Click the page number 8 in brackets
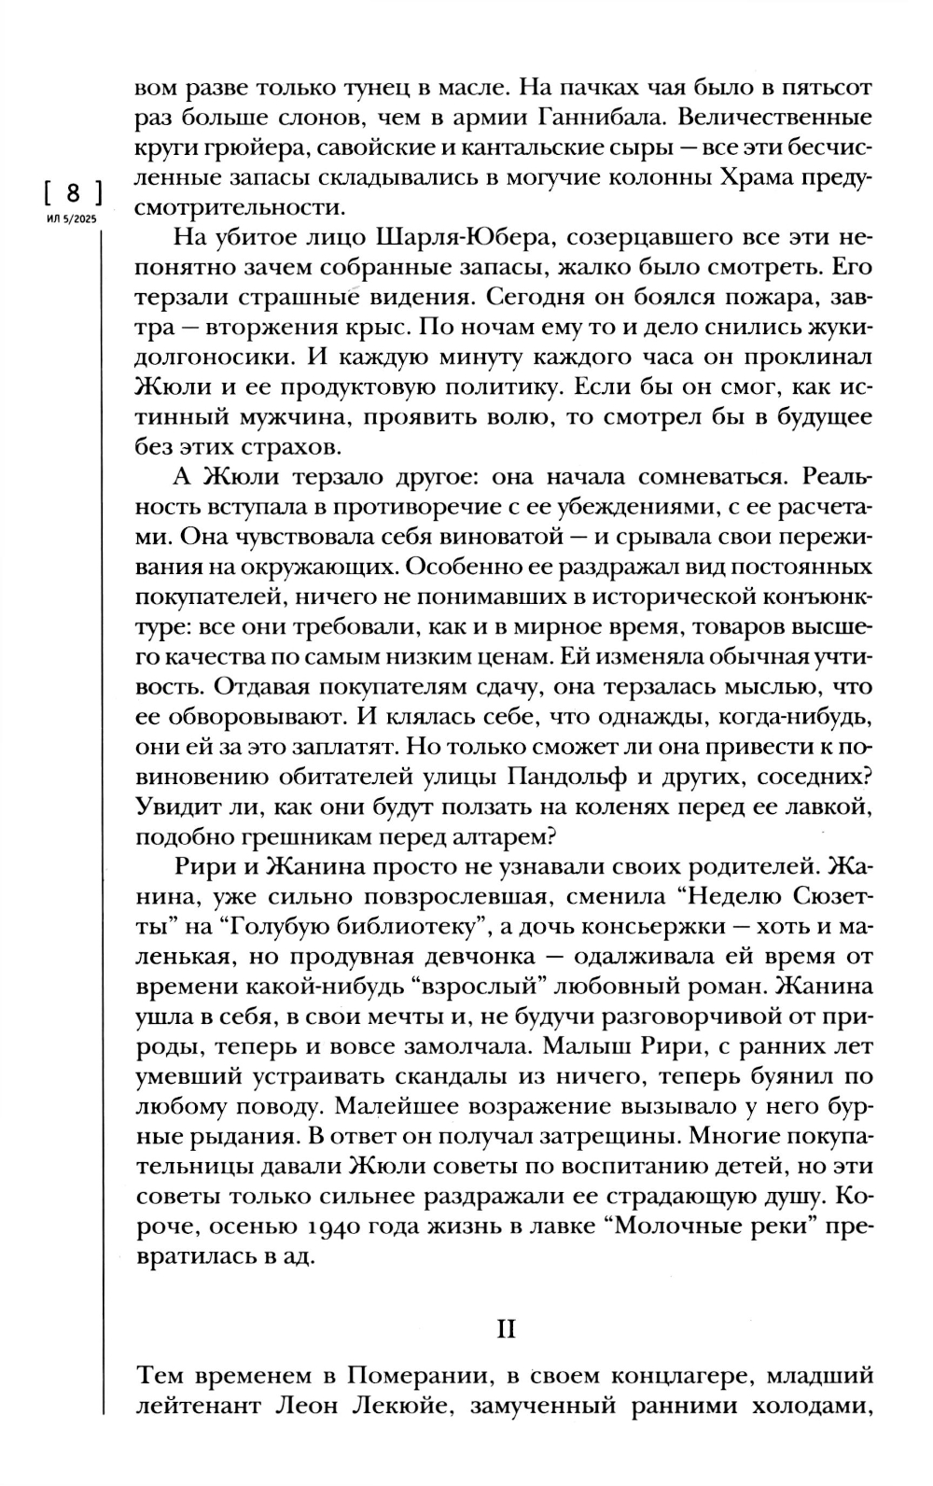click(72, 195)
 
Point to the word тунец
click(359, 90)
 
